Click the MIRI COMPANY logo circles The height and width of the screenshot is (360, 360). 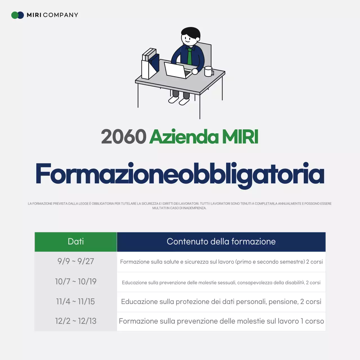17,15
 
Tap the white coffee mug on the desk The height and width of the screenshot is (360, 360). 208,71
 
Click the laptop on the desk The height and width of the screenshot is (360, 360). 177,70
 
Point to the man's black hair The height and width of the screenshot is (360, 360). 191,32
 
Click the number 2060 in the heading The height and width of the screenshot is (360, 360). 124,137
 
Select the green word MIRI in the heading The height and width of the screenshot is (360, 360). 240,137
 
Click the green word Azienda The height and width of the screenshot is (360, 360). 184,137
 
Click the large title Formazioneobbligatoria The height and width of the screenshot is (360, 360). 180,174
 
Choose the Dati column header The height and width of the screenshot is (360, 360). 76,242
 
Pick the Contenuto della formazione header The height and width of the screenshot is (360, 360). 221,242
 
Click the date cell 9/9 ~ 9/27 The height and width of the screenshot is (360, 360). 76,261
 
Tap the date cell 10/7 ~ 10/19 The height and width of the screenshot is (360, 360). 76,282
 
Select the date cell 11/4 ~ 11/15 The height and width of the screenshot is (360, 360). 76,301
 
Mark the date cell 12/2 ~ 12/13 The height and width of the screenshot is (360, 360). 76,321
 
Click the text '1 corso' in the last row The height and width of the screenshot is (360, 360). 312,321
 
